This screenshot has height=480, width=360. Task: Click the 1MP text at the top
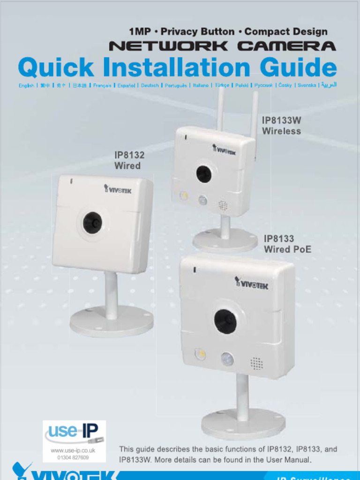click(x=140, y=32)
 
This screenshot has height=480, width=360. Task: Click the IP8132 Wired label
click(x=129, y=160)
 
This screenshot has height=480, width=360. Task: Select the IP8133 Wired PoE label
click(x=287, y=244)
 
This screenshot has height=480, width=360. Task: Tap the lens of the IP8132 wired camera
click(x=92, y=223)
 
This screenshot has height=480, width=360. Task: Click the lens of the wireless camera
click(x=203, y=174)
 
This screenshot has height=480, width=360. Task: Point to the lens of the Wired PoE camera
click(x=225, y=321)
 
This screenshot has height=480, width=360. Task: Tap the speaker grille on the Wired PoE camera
click(x=256, y=363)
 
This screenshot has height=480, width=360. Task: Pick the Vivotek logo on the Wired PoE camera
click(x=252, y=283)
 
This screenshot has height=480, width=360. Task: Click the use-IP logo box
click(x=74, y=441)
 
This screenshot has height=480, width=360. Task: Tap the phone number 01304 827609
click(x=73, y=457)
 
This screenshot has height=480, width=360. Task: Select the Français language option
click(x=102, y=86)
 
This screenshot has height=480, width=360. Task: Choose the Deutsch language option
click(x=150, y=86)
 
